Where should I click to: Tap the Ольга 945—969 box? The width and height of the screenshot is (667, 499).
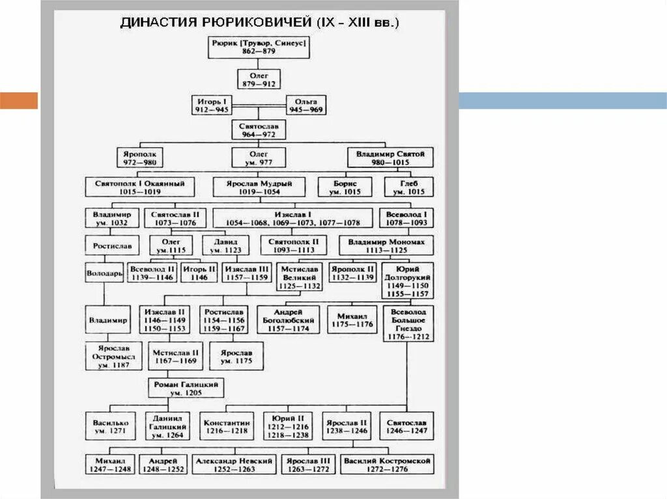(x=306, y=105)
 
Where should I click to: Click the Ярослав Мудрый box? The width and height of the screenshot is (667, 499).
(x=259, y=187)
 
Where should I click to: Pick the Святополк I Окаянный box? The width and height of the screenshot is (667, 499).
(x=140, y=187)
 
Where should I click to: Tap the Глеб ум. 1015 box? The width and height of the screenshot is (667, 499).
(x=408, y=187)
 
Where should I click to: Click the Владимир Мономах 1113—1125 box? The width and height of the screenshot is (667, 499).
(x=386, y=245)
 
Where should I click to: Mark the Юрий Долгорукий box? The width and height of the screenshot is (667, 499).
(x=408, y=281)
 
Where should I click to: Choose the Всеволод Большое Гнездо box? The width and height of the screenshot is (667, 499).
(x=408, y=323)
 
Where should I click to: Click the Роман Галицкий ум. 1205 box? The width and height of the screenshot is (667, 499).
(x=186, y=388)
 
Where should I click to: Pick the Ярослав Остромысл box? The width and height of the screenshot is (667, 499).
(x=109, y=356)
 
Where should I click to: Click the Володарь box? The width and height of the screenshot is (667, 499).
(x=104, y=273)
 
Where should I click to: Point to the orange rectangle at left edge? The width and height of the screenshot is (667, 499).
(x=19, y=101)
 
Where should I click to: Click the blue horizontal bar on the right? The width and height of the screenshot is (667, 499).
(x=563, y=101)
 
